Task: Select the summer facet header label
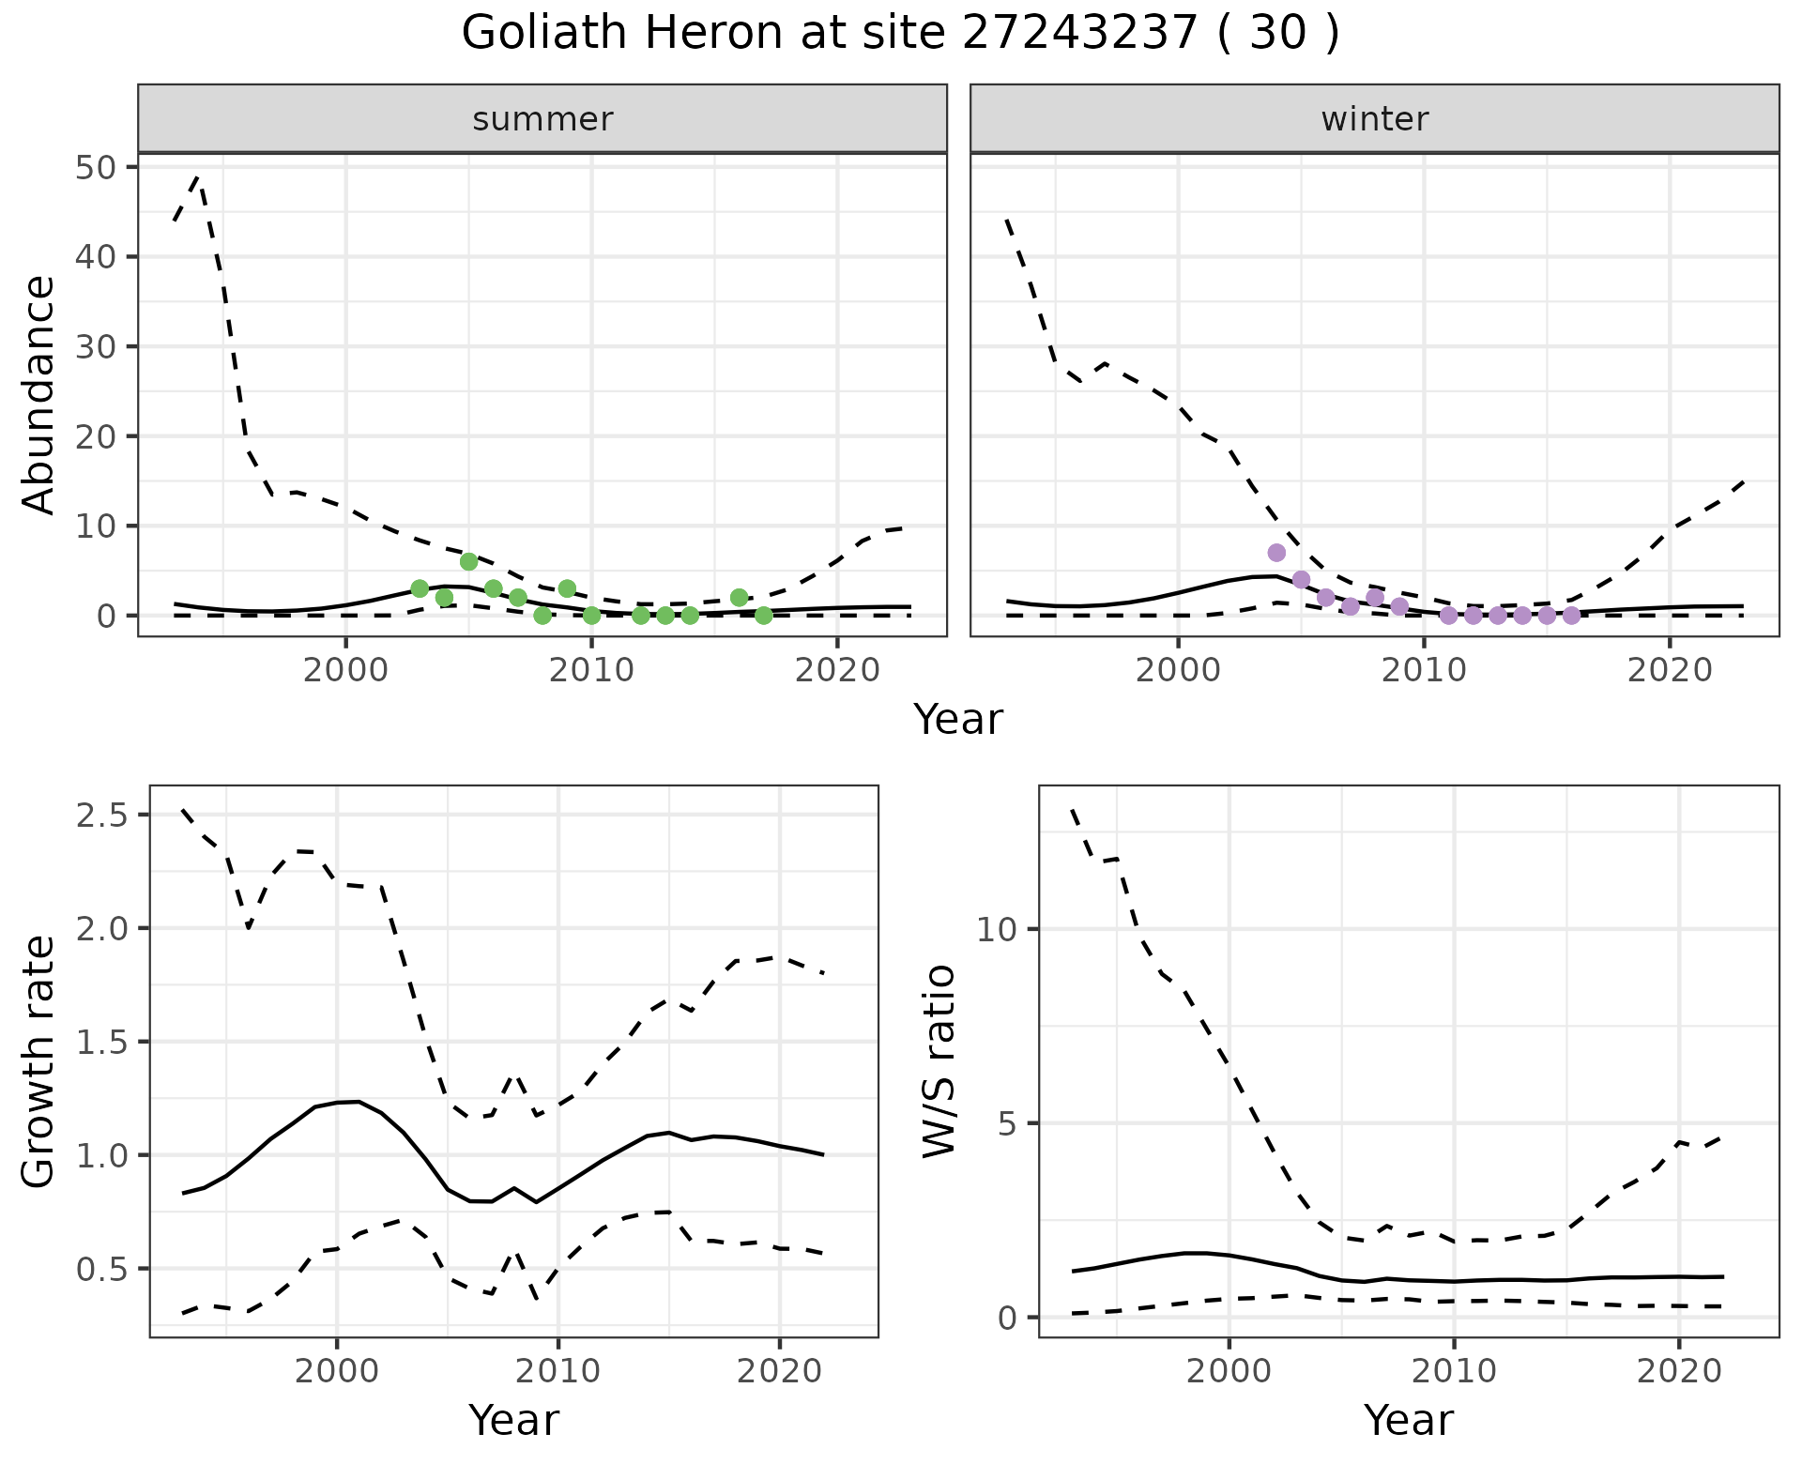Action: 542,119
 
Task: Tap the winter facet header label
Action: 1374,119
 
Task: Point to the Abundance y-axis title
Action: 38,394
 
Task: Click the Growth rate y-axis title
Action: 38,1061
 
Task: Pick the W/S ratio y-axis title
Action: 938,1061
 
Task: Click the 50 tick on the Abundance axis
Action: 94,168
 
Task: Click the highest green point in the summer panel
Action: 469,561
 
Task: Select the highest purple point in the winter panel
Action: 1276,553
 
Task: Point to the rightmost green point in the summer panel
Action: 764,616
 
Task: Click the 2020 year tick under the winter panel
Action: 1670,671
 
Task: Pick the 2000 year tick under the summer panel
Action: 346,671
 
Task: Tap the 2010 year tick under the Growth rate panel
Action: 558,1371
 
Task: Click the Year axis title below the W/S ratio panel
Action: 1408,1420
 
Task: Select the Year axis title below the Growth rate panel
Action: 513,1420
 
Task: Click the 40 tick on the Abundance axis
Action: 94,257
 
